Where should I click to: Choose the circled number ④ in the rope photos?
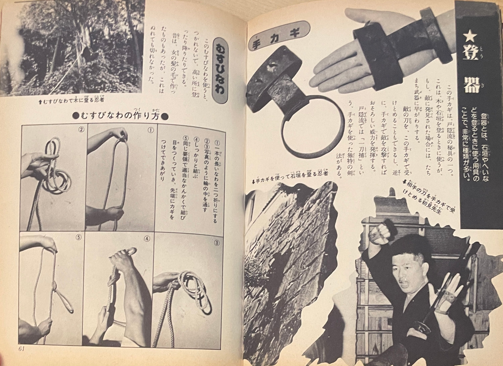pyautogui.click(x=147, y=239)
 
